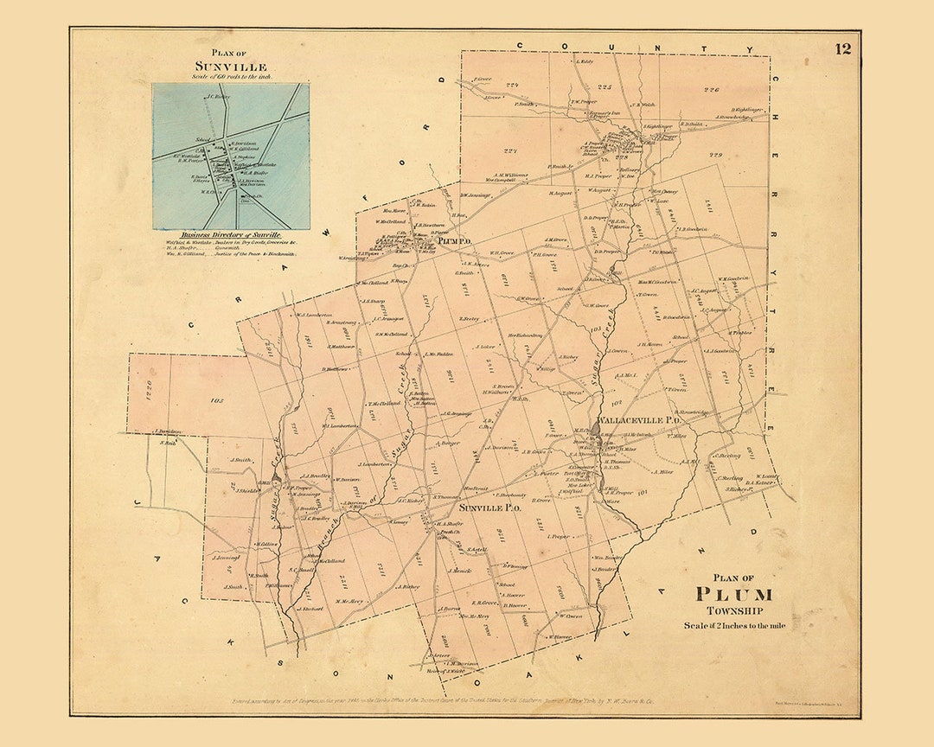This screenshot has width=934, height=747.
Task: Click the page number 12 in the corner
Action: (x=842, y=48)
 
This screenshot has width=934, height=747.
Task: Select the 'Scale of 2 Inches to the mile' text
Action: (x=734, y=626)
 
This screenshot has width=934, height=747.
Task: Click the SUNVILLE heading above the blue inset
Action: (x=231, y=67)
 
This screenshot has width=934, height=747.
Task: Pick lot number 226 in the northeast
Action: (x=711, y=90)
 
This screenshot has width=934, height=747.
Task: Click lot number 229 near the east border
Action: (x=714, y=155)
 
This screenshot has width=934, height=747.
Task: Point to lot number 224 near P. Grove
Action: (x=511, y=85)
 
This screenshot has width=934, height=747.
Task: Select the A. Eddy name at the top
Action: (x=585, y=61)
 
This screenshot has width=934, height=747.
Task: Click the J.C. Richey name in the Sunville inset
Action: (x=217, y=98)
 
